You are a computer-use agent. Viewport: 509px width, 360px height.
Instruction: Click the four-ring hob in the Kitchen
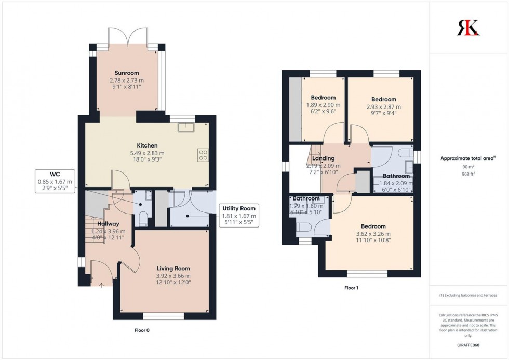[203, 155]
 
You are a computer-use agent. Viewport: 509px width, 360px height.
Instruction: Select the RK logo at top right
[468, 27]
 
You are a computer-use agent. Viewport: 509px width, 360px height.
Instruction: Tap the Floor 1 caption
[351, 287]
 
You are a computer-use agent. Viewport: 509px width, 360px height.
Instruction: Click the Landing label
[323, 158]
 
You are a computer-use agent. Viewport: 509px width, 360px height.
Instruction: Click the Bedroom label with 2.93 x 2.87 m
[383, 99]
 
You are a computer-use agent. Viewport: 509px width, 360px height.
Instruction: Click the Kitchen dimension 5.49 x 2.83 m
[146, 153]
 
